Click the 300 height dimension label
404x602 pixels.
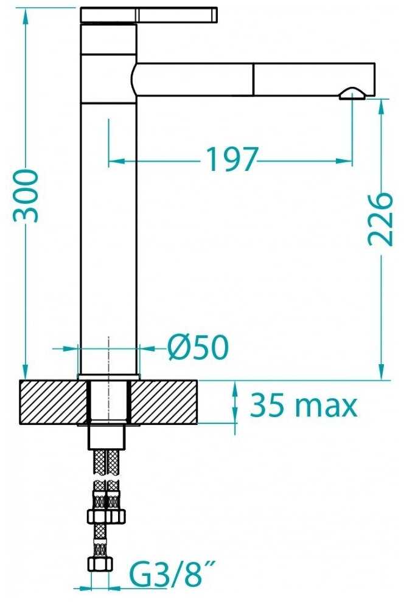coord(26,196)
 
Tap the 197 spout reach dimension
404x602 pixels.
coord(232,159)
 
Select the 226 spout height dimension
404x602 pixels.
coord(380,220)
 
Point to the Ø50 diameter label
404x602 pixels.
coord(198,348)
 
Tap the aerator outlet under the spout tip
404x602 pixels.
coord(352,94)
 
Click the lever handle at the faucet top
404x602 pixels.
coord(148,15)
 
